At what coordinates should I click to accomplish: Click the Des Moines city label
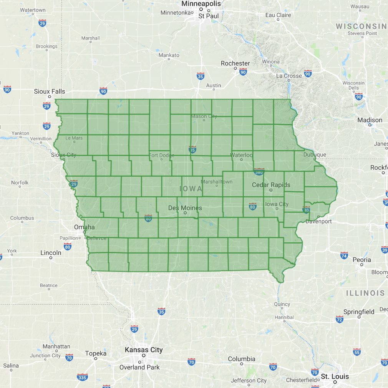point(185,208)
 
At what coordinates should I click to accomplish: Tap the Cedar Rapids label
point(271,185)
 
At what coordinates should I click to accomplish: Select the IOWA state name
point(191,189)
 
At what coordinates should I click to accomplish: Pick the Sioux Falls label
point(50,91)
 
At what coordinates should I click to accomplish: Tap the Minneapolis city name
point(201,3)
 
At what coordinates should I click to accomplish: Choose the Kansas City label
point(144,350)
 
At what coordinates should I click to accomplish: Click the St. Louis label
point(335,376)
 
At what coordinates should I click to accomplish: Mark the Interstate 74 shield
point(344,255)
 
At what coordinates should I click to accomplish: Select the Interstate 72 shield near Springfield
point(339,319)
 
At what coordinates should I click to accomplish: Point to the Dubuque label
point(315,155)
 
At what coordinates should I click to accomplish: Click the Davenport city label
point(318,221)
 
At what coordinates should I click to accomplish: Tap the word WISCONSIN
point(361,26)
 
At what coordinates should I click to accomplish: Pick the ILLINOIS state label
point(365,293)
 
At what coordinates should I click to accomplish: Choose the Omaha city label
point(84,227)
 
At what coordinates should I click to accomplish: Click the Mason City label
point(204,116)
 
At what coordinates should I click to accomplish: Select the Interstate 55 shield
point(357,352)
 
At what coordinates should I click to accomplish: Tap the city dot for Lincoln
point(50,258)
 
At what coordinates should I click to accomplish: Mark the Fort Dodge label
point(161,155)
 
